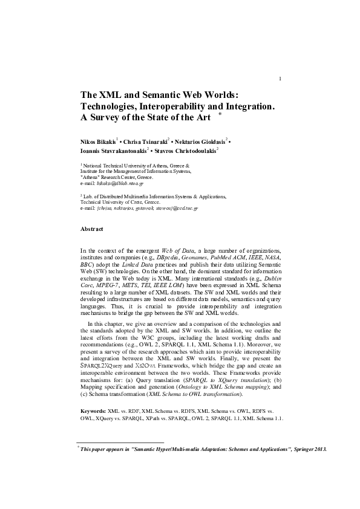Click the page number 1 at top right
coord(280,79)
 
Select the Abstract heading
coord(92,229)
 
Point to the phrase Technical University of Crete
coord(115,202)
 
